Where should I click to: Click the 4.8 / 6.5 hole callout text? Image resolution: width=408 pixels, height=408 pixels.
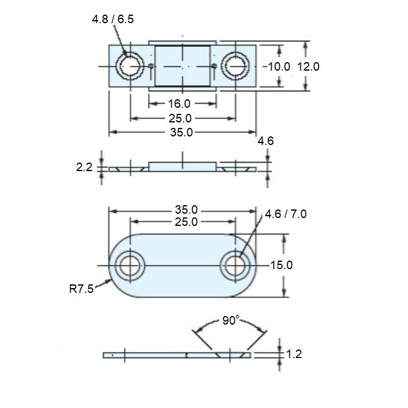[x=113, y=19]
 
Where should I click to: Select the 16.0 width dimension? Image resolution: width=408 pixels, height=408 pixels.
[x=183, y=104]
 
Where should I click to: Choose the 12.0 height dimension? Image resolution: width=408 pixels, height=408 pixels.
[x=308, y=66]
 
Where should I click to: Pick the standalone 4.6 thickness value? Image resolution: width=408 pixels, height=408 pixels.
[x=266, y=141]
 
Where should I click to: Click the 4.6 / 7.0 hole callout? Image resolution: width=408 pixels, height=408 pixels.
[x=286, y=214]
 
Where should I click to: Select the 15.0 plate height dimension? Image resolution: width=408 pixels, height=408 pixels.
[x=281, y=265]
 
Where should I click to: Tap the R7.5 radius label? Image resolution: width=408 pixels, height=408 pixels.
[x=81, y=289]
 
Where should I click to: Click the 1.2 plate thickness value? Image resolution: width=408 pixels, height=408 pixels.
[x=294, y=353]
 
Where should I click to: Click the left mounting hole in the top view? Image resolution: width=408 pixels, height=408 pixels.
[x=130, y=66]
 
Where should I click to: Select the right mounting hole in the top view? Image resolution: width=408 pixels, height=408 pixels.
[x=234, y=66]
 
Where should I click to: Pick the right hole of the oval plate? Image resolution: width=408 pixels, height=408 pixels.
[x=235, y=266]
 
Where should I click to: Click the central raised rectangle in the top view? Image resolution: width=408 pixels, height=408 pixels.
[x=183, y=66]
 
